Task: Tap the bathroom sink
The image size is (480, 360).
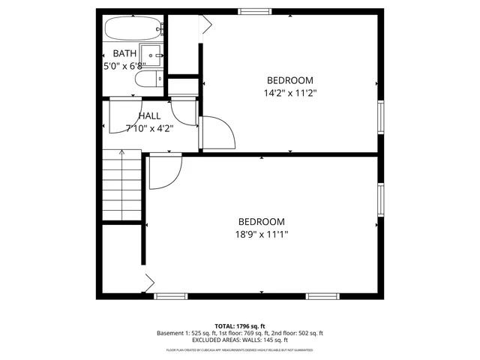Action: [154, 55]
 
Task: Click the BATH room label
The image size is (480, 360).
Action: [124, 53]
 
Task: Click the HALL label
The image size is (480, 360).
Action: [149, 116]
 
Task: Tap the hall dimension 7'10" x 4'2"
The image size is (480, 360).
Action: [149, 128]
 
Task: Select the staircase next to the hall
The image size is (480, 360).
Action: [121, 184]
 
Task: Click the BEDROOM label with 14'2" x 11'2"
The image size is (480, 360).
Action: [290, 80]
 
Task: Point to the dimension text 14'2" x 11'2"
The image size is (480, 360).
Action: [290, 94]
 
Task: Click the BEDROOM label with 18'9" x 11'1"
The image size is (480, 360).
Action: [262, 221]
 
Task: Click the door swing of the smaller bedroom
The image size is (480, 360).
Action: [217, 133]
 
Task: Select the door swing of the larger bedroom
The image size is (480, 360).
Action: [163, 172]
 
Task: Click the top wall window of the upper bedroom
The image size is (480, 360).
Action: [254, 11]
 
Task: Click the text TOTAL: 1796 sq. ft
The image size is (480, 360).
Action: [240, 325]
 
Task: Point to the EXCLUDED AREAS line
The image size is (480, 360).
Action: [240, 340]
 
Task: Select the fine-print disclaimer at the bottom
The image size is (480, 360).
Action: [240, 350]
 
